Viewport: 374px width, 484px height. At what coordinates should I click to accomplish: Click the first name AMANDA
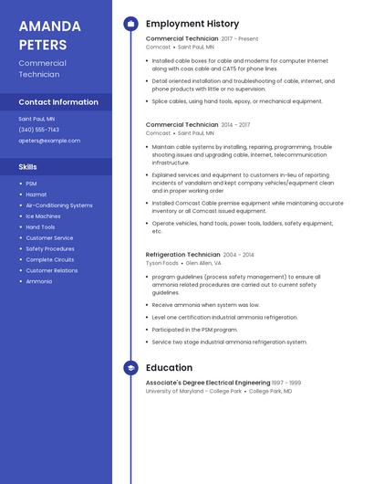click(49, 26)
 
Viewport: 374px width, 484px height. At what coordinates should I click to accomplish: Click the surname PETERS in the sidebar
click(42, 45)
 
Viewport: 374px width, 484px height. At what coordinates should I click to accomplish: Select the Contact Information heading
click(58, 102)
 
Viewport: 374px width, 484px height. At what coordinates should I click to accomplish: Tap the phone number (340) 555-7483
click(38, 130)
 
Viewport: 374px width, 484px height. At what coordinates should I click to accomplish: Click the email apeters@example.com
click(49, 141)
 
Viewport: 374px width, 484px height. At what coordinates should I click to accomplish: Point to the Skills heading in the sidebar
click(27, 167)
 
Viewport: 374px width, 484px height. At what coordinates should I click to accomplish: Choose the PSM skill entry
click(31, 184)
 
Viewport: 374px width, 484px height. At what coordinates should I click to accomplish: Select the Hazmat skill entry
click(36, 195)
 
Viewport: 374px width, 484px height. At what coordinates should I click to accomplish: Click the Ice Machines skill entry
click(43, 216)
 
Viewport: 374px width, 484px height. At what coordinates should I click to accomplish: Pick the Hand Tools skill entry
click(40, 227)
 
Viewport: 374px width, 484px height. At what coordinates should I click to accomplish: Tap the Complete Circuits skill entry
click(49, 259)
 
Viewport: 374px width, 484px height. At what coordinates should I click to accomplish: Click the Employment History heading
click(192, 24)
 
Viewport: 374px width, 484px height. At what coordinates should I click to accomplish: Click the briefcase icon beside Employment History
click(130, 24)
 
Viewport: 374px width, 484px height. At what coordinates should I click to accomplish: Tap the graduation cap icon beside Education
click(130, 368)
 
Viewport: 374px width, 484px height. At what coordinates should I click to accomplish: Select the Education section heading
click(169, 368)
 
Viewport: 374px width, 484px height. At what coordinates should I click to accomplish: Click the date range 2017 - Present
click(239, 39)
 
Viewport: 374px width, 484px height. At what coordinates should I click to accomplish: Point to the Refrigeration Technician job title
click(182, 255)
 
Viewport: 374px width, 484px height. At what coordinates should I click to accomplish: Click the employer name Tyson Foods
click(162, 263)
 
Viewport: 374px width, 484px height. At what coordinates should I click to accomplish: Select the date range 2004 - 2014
click(238, 255)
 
